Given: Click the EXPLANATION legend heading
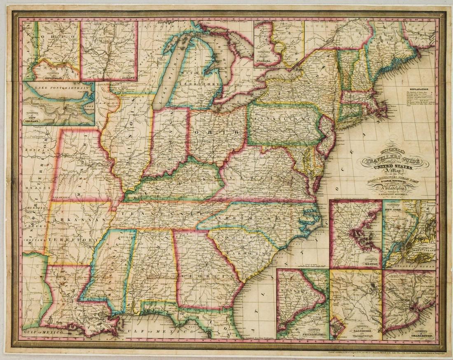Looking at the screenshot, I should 418,88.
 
